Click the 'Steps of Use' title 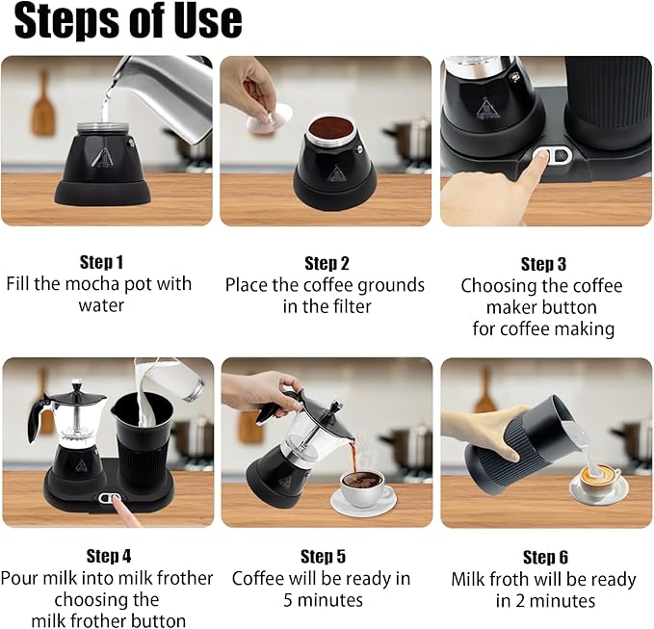point(128,21)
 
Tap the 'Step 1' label point(102,262)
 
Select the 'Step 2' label point(327,264)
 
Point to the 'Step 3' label point(543,264)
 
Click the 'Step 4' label point(109,556)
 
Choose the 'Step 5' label point(324,557)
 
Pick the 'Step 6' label point(545,558)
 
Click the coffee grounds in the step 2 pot point(331,126)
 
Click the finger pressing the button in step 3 point(536,164)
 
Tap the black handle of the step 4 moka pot point(37,418)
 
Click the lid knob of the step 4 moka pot point(77,384)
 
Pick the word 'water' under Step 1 point(101,305)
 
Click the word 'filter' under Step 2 point(352,306)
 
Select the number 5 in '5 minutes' point(288,601)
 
